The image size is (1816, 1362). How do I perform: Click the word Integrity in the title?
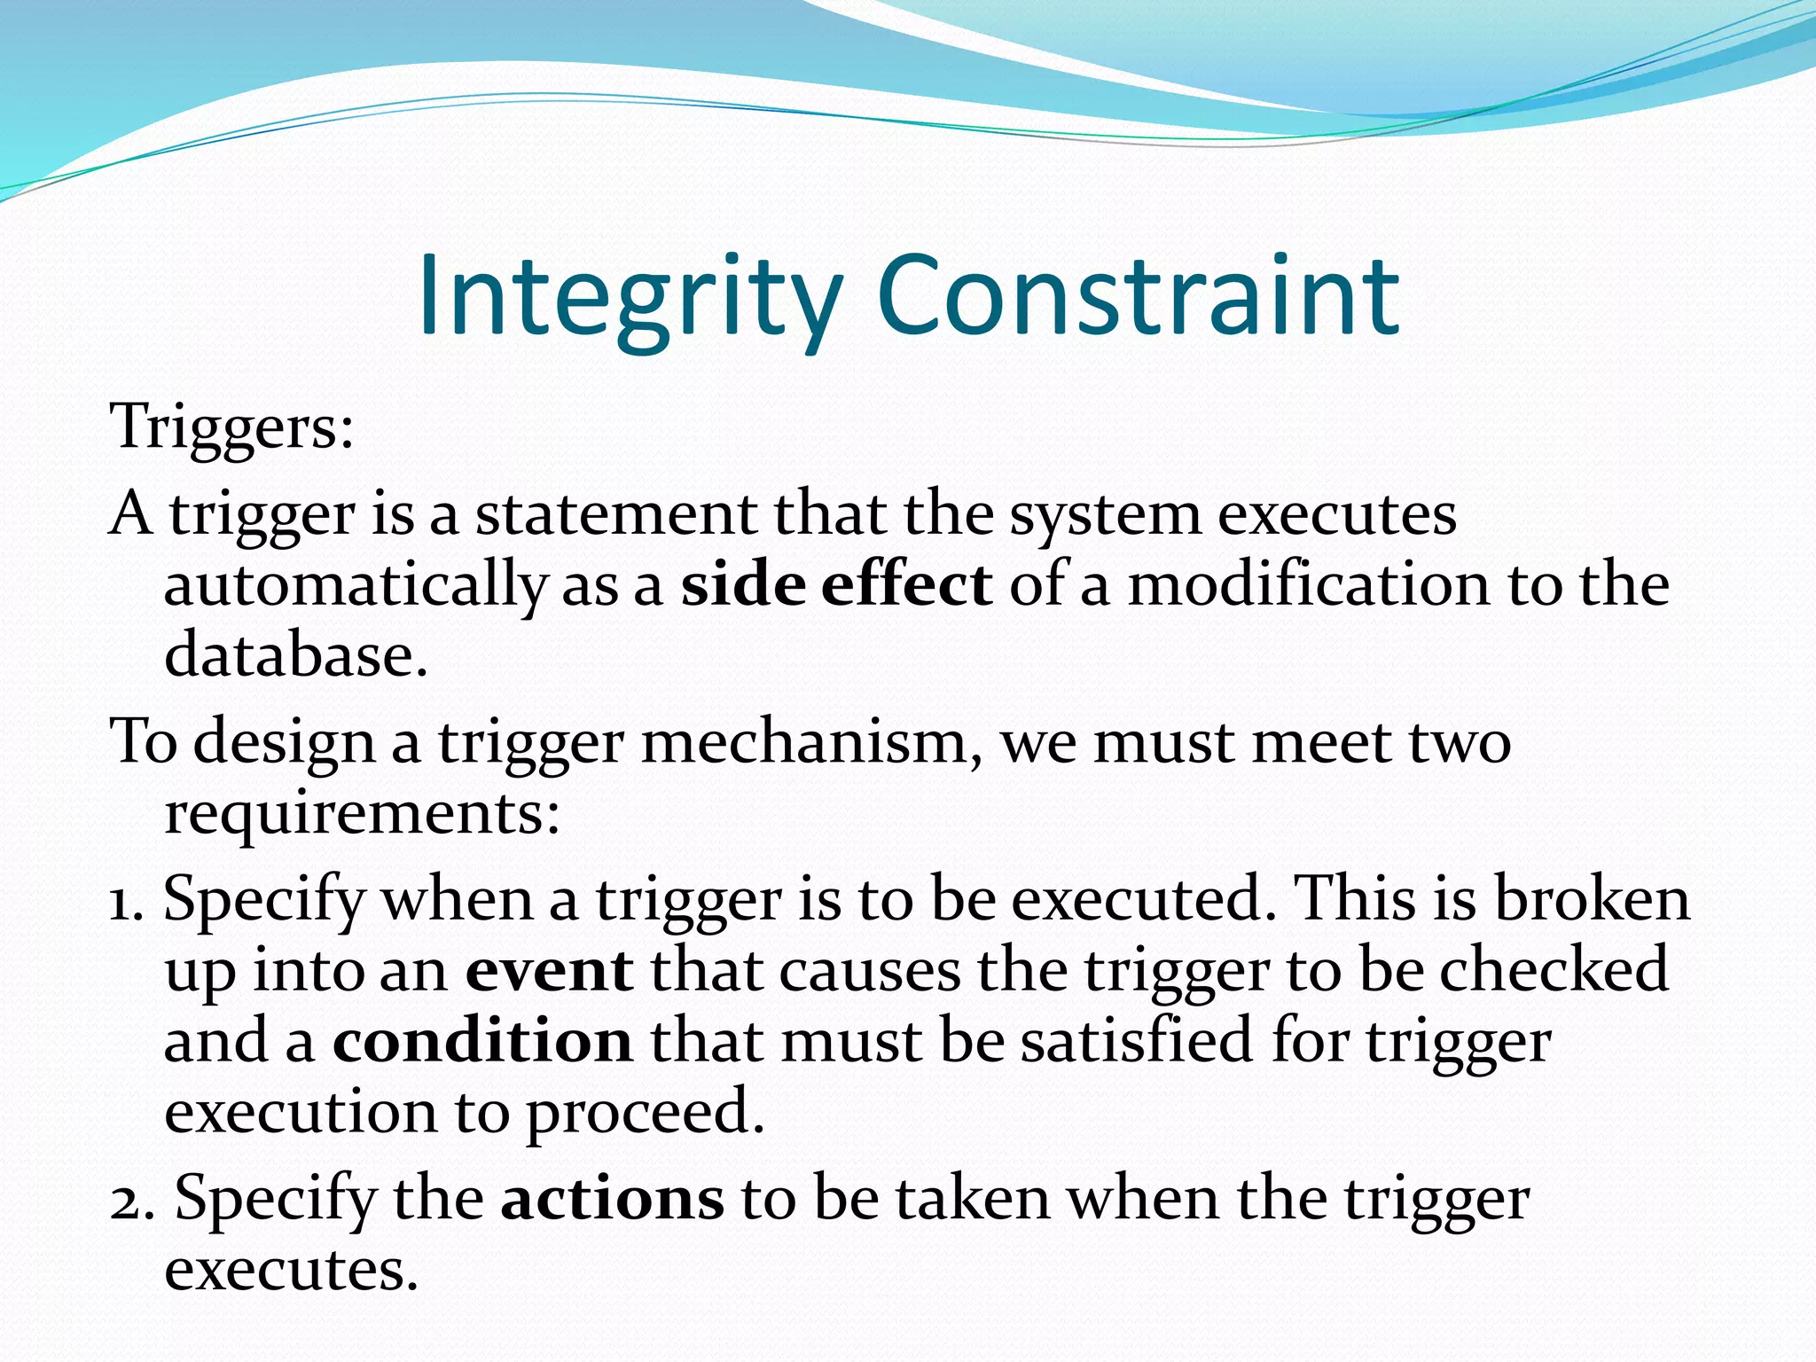coord(630,297)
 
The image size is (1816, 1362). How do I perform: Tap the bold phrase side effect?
coord(836,585)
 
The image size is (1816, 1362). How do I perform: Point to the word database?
coord(296,655)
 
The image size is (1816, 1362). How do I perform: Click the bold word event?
coord(549,970)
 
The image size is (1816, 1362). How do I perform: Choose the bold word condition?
coord(482,1041)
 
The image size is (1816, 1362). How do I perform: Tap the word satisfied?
coord(1137,1041)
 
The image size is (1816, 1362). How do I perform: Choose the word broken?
coord(1593,899)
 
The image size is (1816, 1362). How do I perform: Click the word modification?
coord(1309,585)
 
